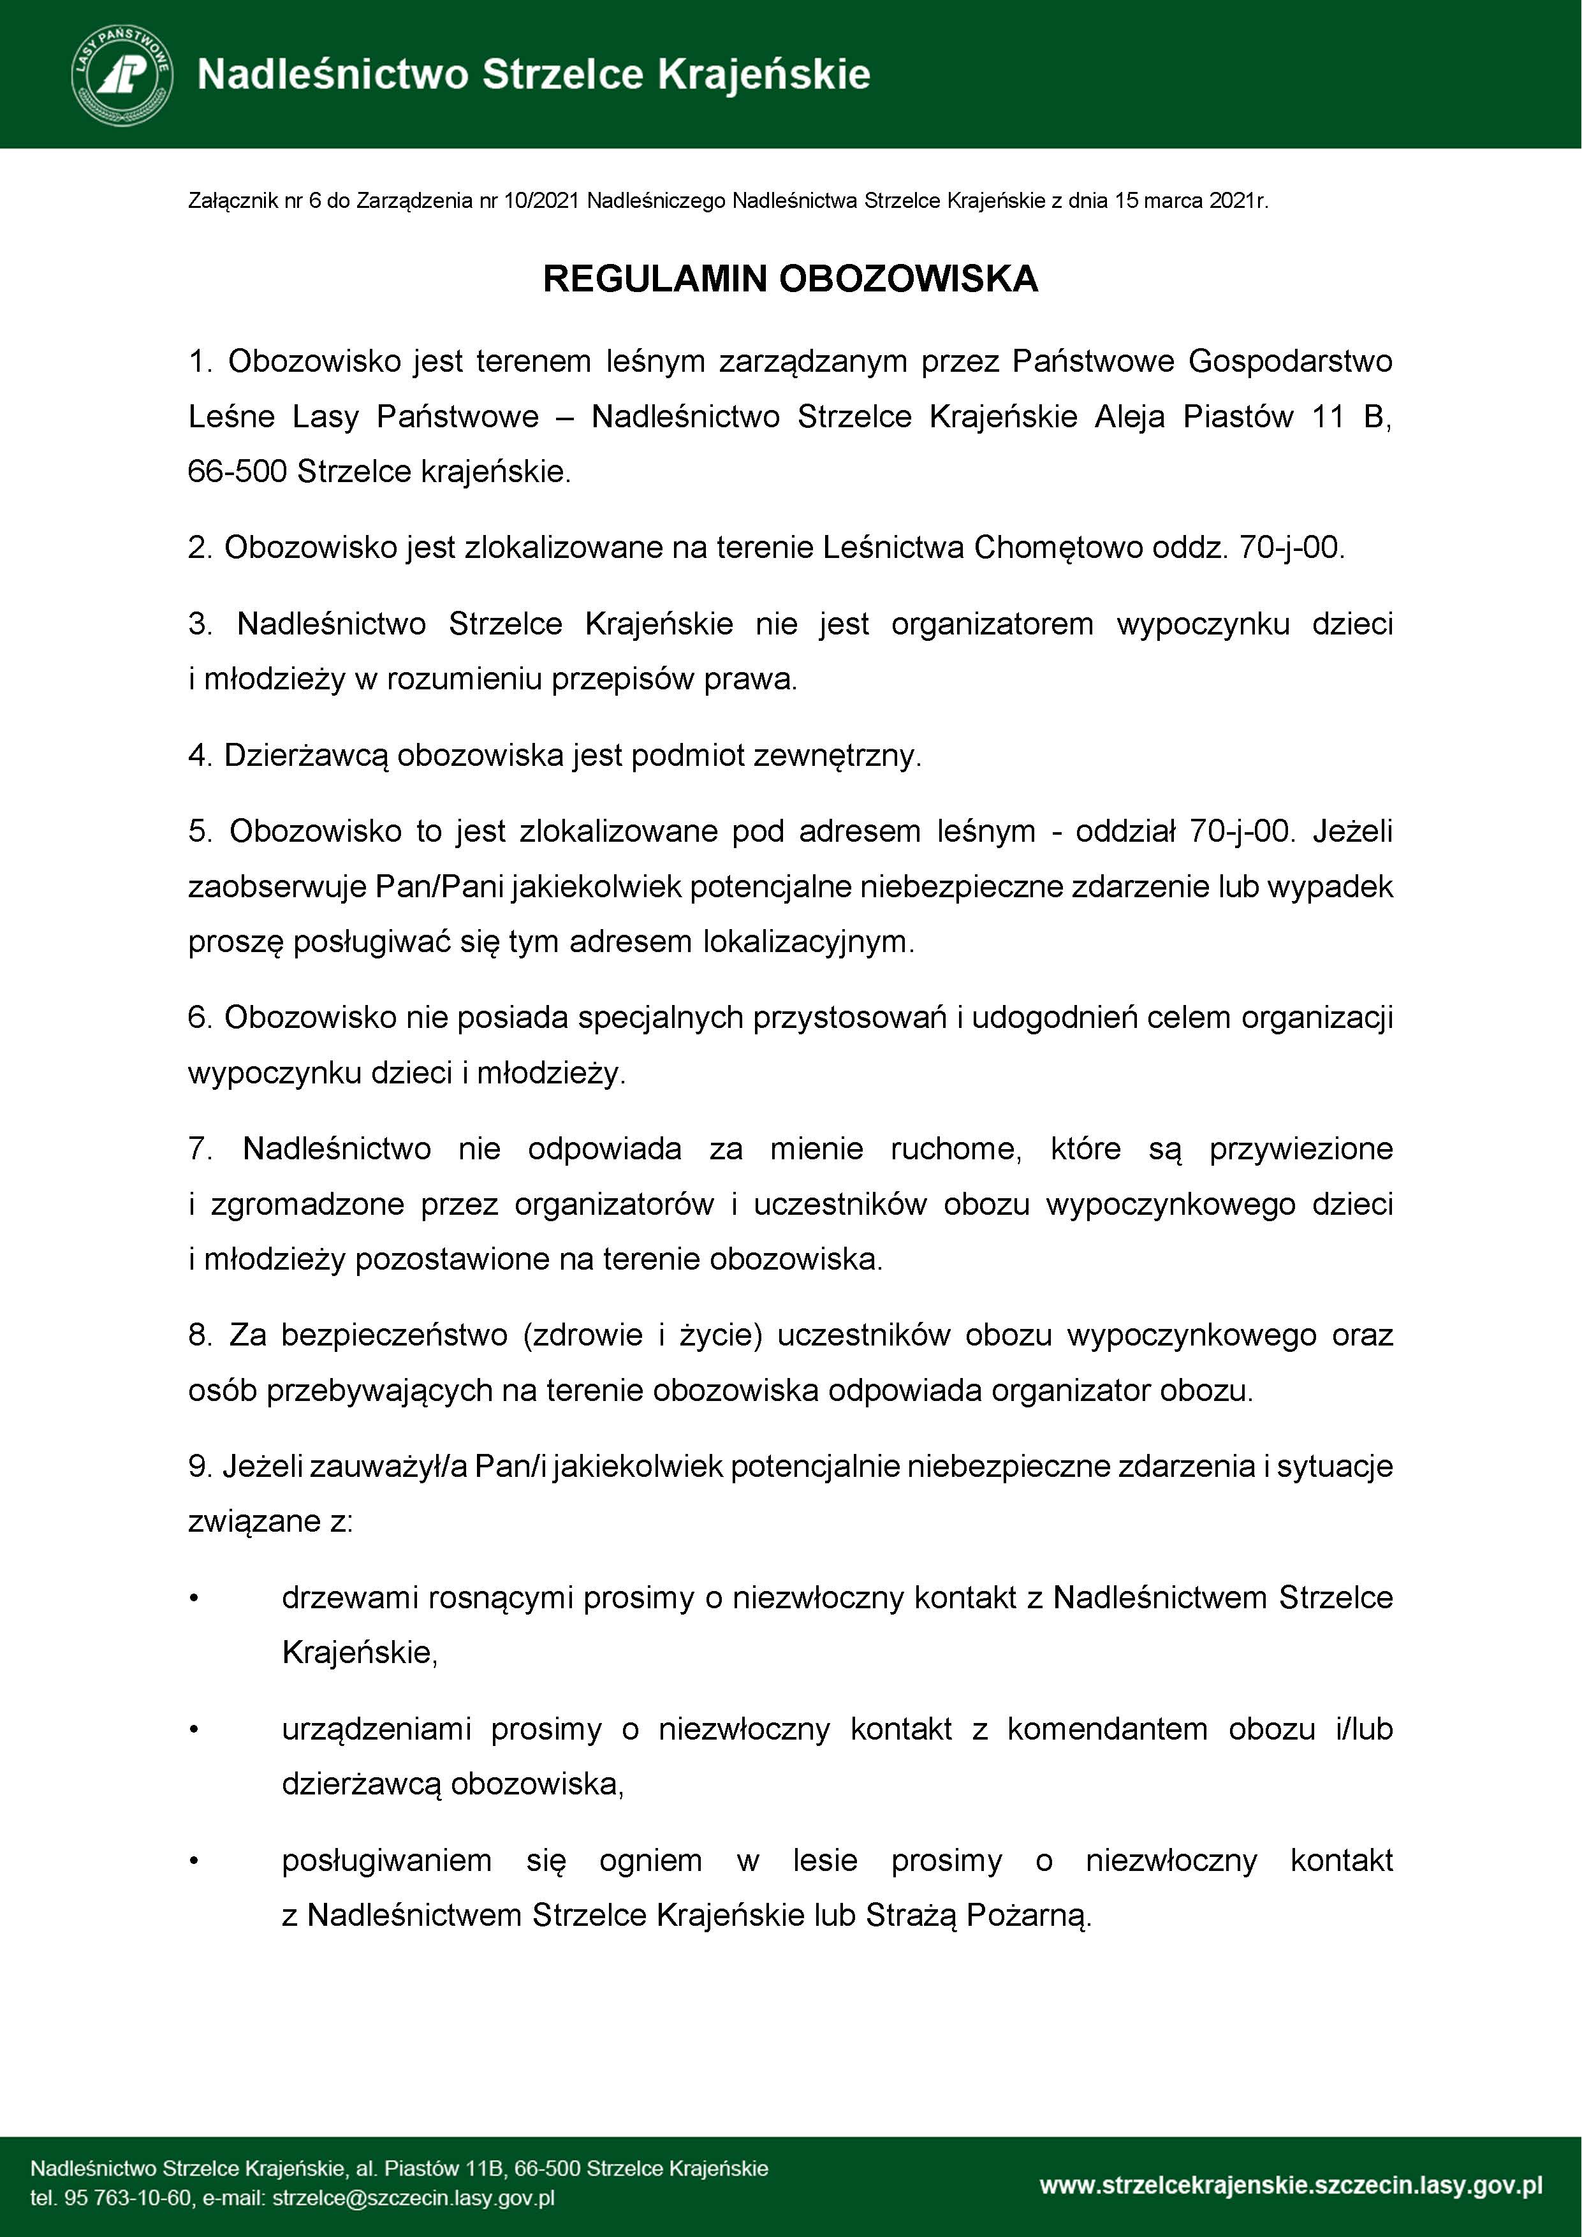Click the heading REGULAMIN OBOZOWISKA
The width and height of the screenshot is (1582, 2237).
tap(790, 279)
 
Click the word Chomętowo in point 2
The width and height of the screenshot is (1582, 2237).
tap(1058, 548)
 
